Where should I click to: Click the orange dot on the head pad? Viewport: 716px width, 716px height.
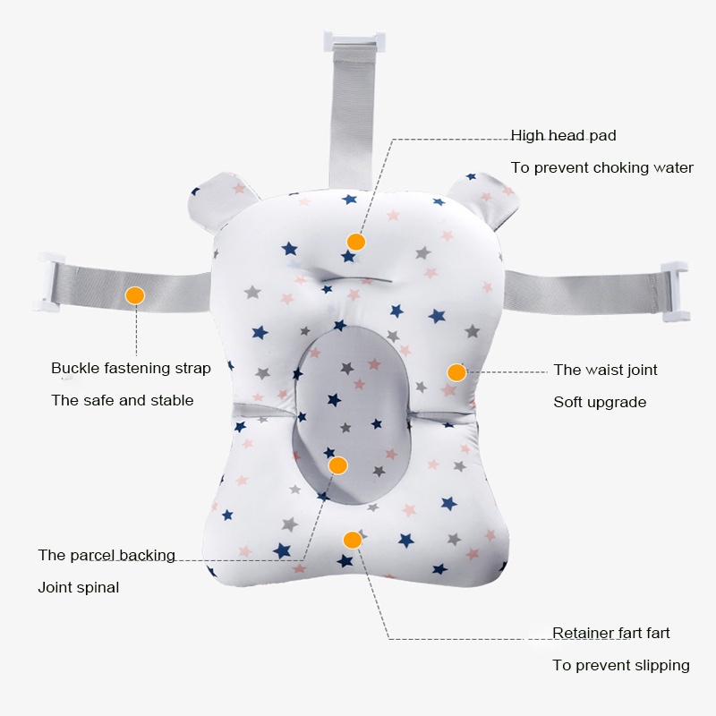point(356,242)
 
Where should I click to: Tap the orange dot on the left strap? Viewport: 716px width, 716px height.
point(135,294)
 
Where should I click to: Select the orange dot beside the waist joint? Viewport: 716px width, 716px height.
point(456,372)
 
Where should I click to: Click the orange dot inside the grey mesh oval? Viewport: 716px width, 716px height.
point(337,465)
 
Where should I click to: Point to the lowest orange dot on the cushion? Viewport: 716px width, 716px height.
point(353,540)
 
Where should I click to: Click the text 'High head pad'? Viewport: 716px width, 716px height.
point(563,136)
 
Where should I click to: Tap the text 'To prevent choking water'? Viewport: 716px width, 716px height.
point(601,167)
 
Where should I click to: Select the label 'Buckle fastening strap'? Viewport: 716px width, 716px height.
point(131,368)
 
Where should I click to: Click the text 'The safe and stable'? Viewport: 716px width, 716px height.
point(122,400)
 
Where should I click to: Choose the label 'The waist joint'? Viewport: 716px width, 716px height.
point(605,370)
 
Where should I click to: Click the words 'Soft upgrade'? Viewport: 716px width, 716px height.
point(600,402)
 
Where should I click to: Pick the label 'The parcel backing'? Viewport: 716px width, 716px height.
point(107,555)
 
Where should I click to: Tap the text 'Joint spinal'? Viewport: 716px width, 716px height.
point(78,587)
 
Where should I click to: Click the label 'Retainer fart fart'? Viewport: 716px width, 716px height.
point(610,633)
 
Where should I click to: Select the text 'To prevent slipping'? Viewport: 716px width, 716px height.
point(620,665)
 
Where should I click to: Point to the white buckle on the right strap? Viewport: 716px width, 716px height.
point(674,291)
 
